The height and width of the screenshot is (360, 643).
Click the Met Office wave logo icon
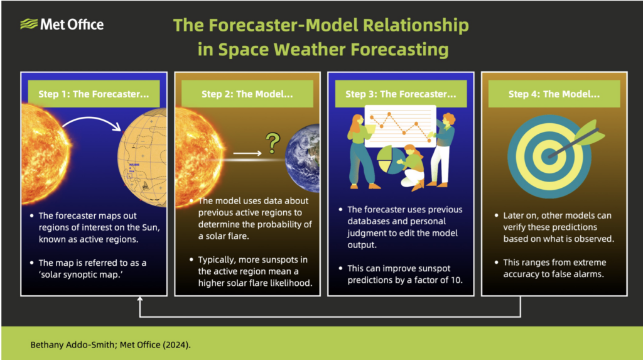tap(29, 25)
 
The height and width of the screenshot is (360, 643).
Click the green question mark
tap(273, 143)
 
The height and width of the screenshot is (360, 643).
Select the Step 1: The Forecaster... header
tap(94, 94)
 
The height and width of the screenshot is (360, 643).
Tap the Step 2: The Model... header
tap(247, 94)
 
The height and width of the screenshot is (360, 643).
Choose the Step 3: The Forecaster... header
tap(401, 94)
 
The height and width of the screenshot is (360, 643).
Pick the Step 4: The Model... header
tap(554, 94)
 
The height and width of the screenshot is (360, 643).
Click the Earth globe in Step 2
tap(303, 158)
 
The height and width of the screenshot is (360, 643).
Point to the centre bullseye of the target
tap(549, 156)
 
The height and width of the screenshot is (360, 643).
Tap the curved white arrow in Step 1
tap(91, 119)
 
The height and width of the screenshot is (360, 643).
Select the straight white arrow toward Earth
tap(247, 153)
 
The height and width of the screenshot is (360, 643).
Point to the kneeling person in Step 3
tap(413, 168)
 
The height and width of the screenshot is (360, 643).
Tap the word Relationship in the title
tap(416, 25)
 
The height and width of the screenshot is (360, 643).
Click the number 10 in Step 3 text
tap(456, 280)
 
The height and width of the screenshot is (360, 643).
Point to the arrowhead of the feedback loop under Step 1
tap(140, 299)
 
